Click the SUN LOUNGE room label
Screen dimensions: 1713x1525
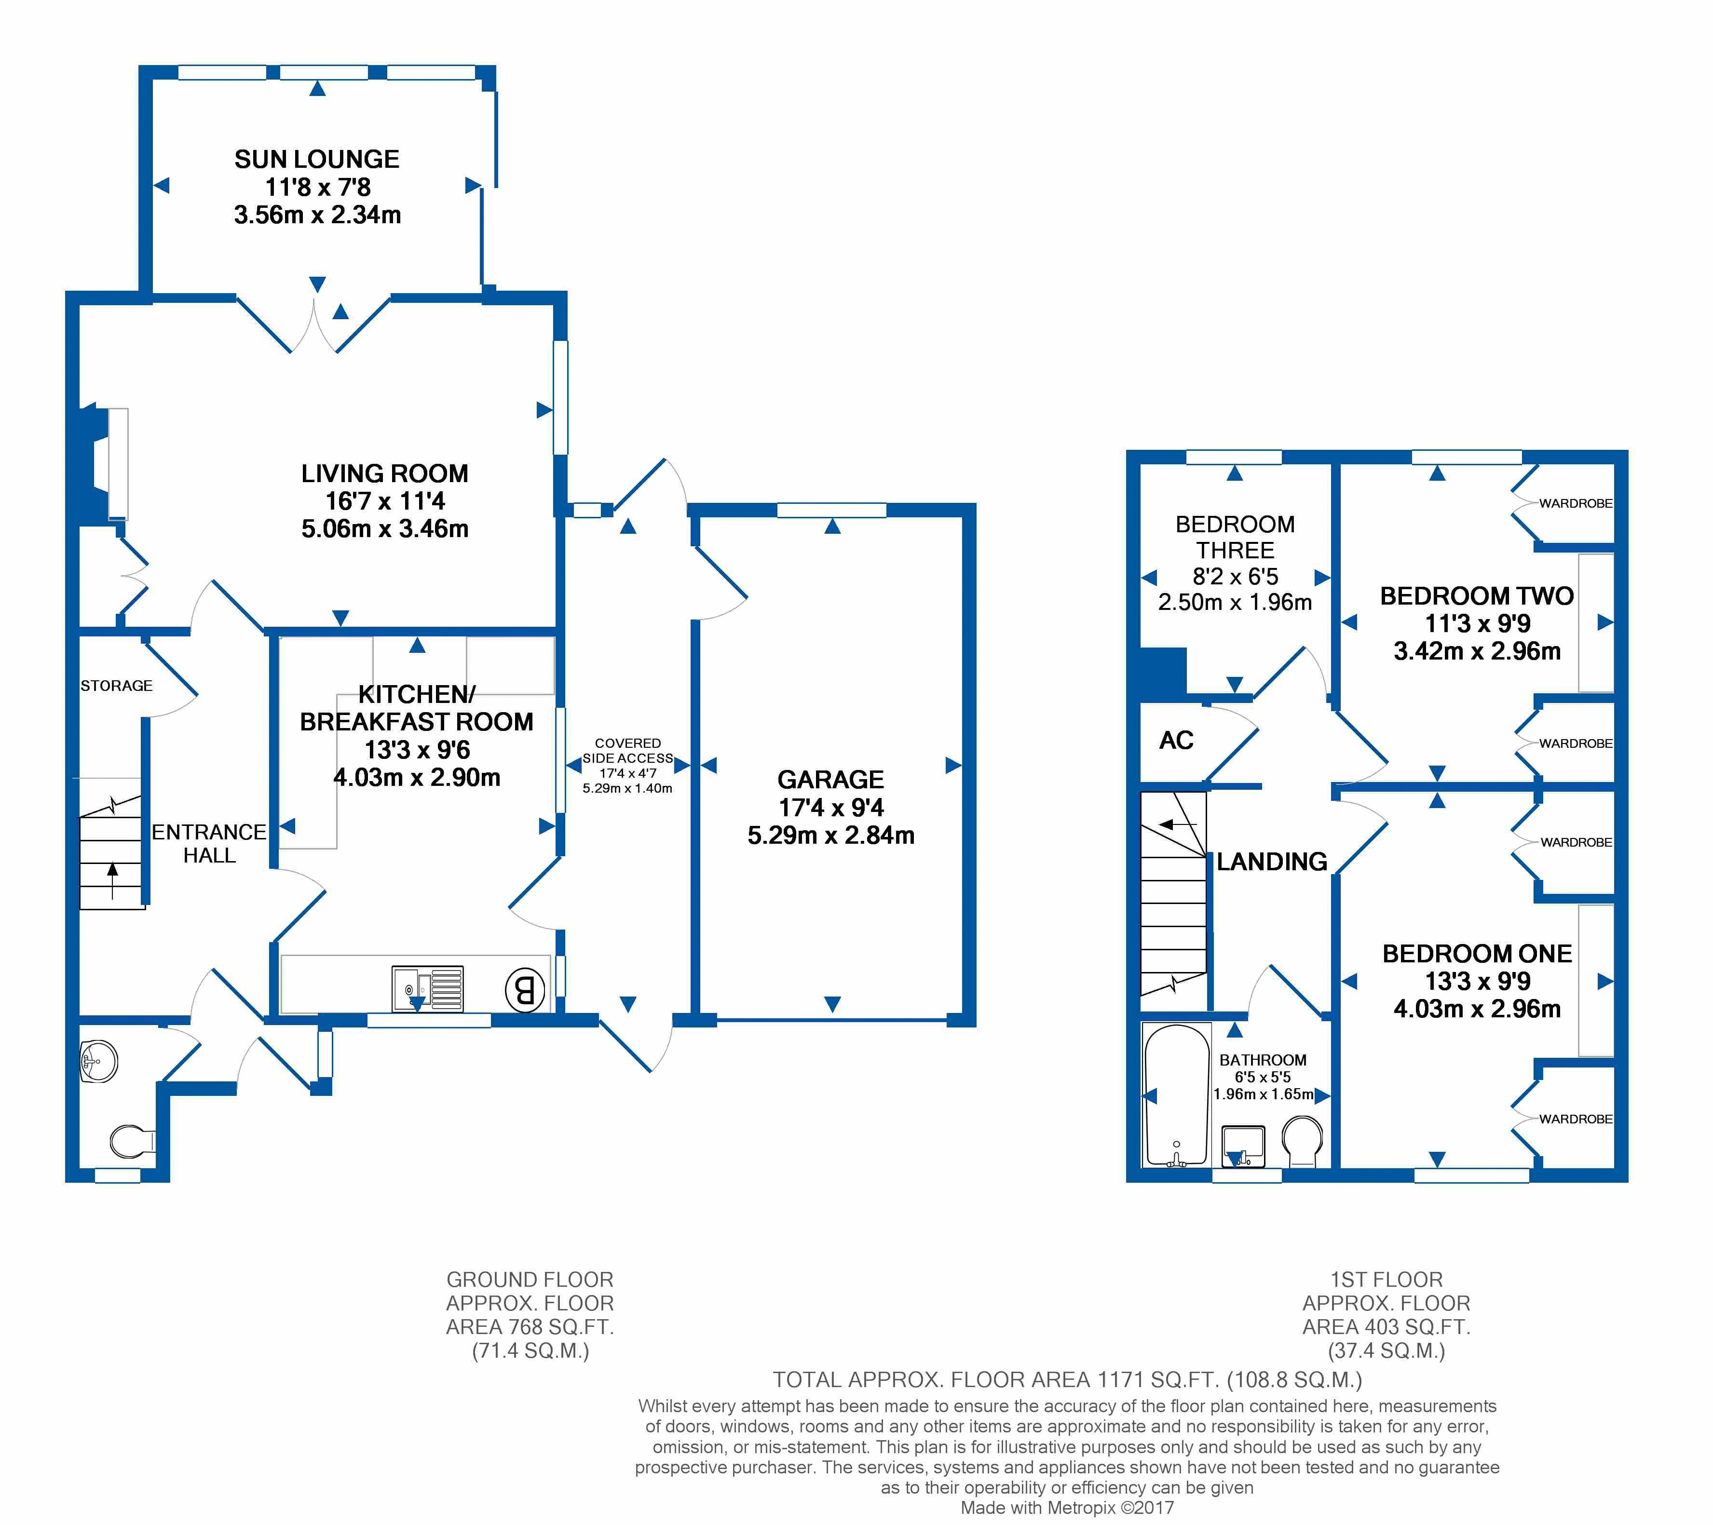pos(317,159)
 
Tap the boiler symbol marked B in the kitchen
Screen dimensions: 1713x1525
pos(525,991)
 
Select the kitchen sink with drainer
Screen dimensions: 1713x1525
pos(427,989)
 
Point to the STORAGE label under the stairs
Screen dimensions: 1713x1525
pos(117,686)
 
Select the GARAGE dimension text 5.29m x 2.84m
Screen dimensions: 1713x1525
pos(830,836)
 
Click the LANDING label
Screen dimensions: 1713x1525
pos(1271,862)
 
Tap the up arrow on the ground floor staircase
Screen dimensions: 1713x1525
pos(112,880)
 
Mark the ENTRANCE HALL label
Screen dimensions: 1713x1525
pos(209,844)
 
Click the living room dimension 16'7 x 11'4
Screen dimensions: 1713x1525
pos(385,501)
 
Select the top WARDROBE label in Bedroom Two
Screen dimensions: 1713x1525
pos(1576,503)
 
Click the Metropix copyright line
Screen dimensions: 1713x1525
pos(1067,1508)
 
